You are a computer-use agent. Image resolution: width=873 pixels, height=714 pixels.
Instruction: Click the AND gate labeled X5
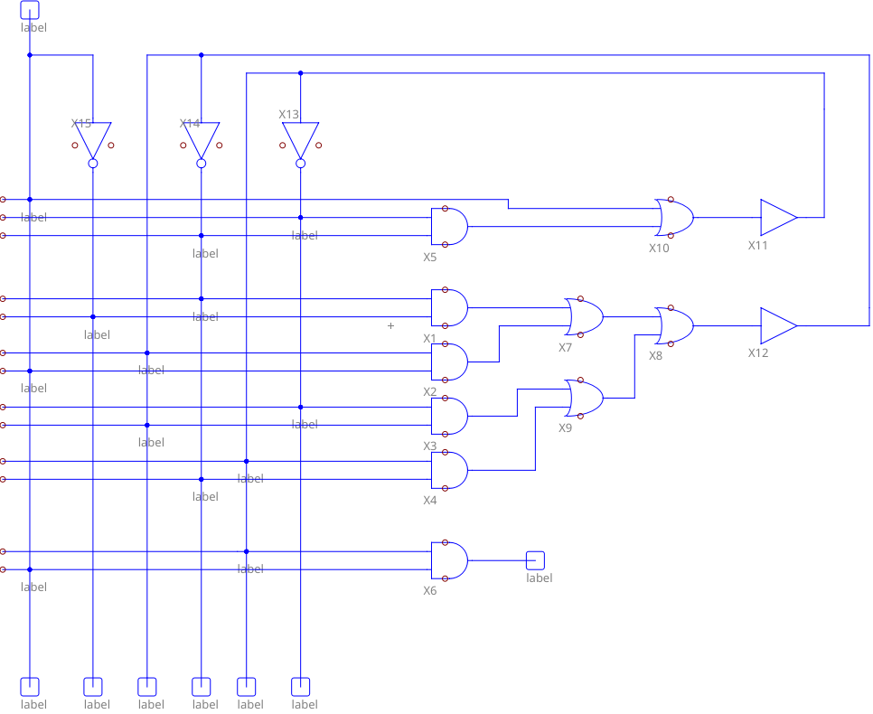pyautogui.click(x=449, y=226)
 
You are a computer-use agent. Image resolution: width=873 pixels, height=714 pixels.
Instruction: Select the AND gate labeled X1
pyautogui.click(x=449, y=307)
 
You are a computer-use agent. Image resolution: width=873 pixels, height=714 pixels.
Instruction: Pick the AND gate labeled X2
pyautogui.click(x=449, y=362)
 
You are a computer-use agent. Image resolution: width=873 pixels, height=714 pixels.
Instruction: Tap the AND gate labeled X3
pyautogui.click(x=449, y=416)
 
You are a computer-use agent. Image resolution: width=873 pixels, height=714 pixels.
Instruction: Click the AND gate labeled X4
pyautogui.click(x=449, y=470)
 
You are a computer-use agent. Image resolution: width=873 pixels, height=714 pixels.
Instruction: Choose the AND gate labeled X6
pyautogui.click(x=449, y=560)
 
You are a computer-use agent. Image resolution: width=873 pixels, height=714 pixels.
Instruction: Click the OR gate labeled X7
pyautogui.click(x=584, y=316)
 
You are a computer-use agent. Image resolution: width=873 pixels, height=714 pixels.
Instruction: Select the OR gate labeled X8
pyautogui.click(x=674, y=325)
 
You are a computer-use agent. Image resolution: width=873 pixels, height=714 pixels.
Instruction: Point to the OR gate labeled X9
pyautogui.click(x=584, y=398)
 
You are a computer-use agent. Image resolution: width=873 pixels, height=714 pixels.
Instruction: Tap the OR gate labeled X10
pyautogui.click(x=674, y=217)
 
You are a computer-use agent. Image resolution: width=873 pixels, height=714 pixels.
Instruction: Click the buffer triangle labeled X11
pyautogui.click(x=777, y=217)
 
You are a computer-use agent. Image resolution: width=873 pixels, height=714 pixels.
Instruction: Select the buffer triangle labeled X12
pyautogui.click(x=777, y=325)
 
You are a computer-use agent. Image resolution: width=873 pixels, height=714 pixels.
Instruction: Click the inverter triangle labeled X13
pyautogui.click(x=300, y=139)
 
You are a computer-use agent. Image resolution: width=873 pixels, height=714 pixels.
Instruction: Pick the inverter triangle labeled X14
pyautogui.click(x=201, y=139)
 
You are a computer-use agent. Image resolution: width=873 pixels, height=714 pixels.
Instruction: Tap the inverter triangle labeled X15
pyautogui.click(x=92, y=139)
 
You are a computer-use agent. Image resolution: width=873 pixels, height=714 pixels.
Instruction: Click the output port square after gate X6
pyautogui.click(x=535, y=560)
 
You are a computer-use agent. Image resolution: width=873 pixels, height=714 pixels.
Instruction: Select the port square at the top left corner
pyautogui.click(x=30, y=9)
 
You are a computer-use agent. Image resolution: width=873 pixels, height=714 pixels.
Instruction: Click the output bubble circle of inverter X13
pyautogui.click(x=300, y=164)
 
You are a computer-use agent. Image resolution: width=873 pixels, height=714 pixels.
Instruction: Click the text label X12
pyautogui.click(x=757, y=352)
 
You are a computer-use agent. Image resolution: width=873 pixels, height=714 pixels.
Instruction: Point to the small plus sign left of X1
pyautogui.click(x=390, y=325)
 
